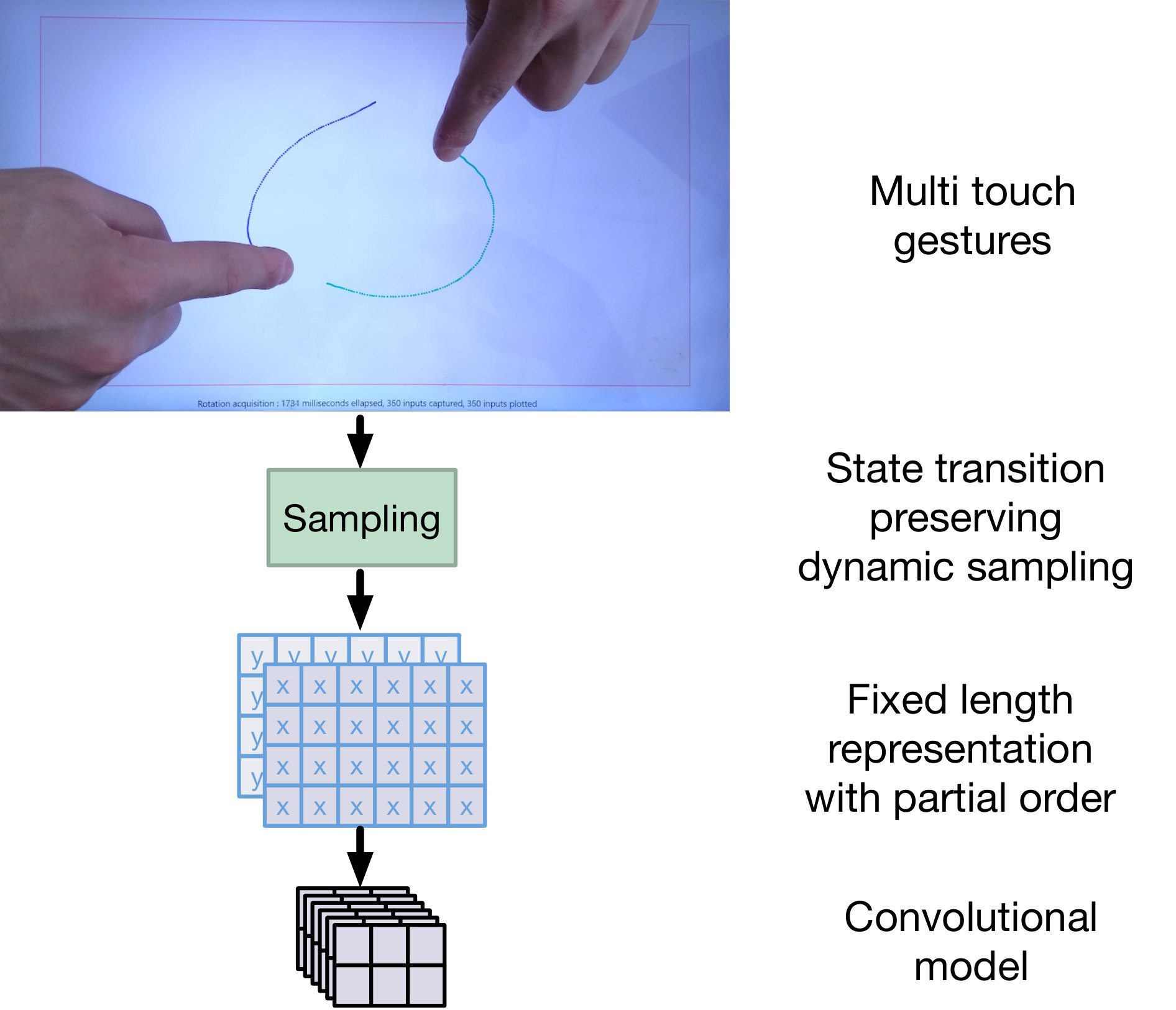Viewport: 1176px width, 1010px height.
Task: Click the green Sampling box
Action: point(362,518)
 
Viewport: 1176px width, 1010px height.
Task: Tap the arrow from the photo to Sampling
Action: point(360,441)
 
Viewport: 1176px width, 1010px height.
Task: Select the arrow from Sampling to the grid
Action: point(360,600)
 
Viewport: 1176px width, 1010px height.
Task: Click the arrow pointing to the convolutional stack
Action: point(360,856)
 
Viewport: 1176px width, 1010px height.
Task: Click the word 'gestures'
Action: point(972,241)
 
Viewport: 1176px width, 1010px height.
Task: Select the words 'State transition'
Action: point(965,468)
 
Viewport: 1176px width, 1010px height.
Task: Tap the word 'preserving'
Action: point(965,518)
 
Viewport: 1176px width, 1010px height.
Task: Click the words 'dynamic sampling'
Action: point(965,567)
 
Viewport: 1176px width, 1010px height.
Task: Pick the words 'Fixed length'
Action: point(960,700)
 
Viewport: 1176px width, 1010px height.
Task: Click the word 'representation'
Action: point(960,750)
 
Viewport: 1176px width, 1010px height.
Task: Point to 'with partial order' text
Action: point(960,798)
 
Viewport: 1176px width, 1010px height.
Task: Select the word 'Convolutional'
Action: point(971,917)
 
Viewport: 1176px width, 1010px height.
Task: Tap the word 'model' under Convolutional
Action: point(971,966)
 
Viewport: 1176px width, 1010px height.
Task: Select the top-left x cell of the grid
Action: point(283,686)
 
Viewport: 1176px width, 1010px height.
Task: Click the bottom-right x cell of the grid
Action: point(466,806)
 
